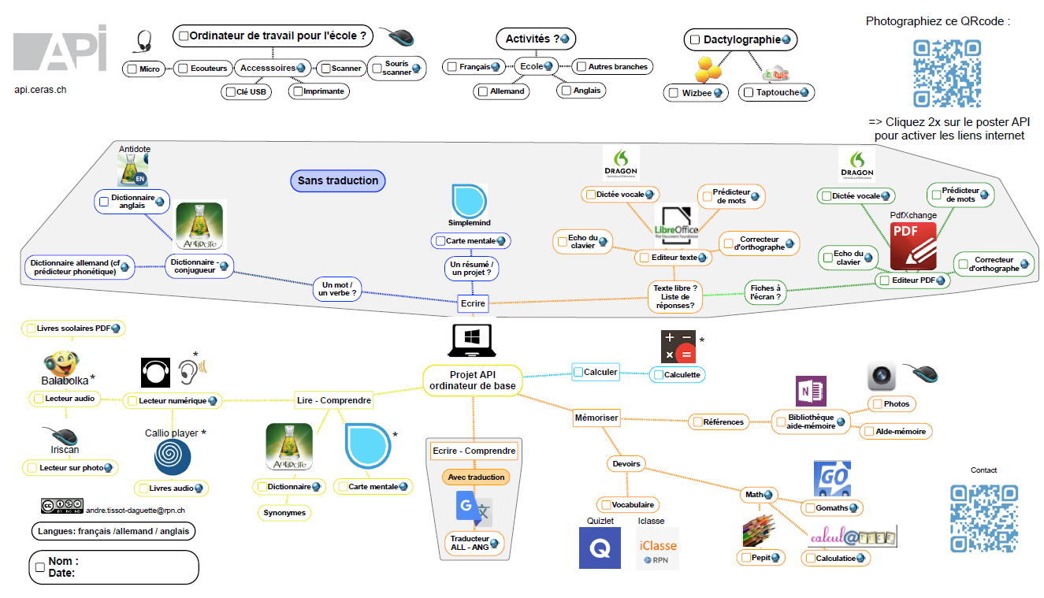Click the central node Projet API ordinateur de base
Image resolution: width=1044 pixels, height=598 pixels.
[x=473, y=380]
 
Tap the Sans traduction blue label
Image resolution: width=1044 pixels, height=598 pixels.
[x=338, y=180]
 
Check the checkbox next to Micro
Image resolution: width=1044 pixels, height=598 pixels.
[x=132, y=69]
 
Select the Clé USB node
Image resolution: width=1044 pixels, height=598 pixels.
[x=246, y=91]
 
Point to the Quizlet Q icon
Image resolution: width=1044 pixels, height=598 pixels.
[x=600, y=548]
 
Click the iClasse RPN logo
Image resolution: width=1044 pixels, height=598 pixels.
[x=657, y=548]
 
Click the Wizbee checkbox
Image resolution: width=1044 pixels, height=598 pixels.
[x=673, y=93]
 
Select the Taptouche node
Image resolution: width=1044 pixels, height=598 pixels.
[x=777, y=93]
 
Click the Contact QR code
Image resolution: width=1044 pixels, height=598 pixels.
[x=983, y=518]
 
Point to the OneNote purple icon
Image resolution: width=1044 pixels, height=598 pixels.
[x=811, y=392]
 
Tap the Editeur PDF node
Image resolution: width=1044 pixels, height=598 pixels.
[x=912, y=280]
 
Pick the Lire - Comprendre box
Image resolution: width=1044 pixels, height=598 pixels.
[x=334, y=400]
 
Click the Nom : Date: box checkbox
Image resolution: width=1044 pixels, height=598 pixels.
[x=40, y=566]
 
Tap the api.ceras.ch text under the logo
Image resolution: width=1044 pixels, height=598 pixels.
[x=40, y=90]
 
